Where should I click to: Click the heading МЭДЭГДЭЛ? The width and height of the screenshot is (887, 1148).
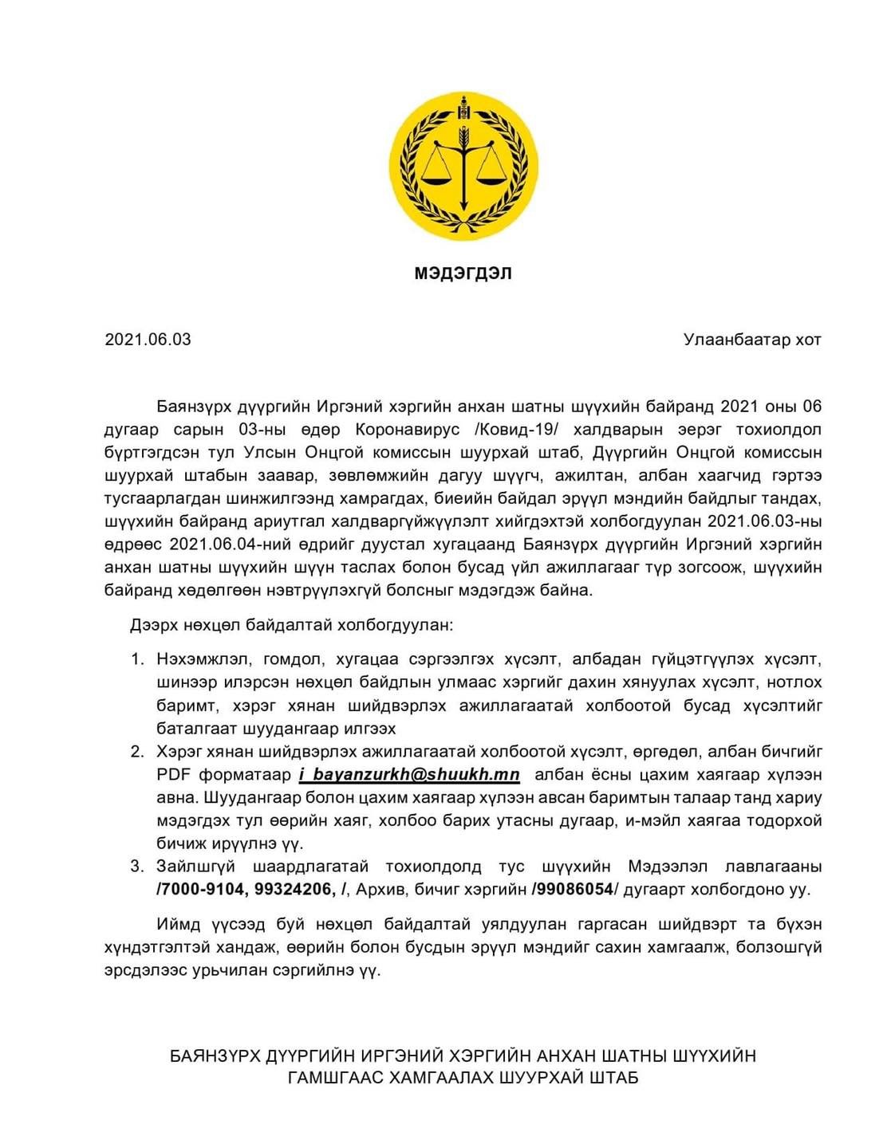pos(463,273)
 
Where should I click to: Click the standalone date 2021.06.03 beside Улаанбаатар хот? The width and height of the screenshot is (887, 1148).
pos(148,340)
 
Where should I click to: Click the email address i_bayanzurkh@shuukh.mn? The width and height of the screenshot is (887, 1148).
pos(410,775)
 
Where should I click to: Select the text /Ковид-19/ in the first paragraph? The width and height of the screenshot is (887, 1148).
pos(511,430)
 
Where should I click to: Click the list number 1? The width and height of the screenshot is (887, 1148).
pos(138,660)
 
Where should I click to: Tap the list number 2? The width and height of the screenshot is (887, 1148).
pos(138,752)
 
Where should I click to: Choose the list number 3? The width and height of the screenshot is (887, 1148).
pos(138,867)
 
